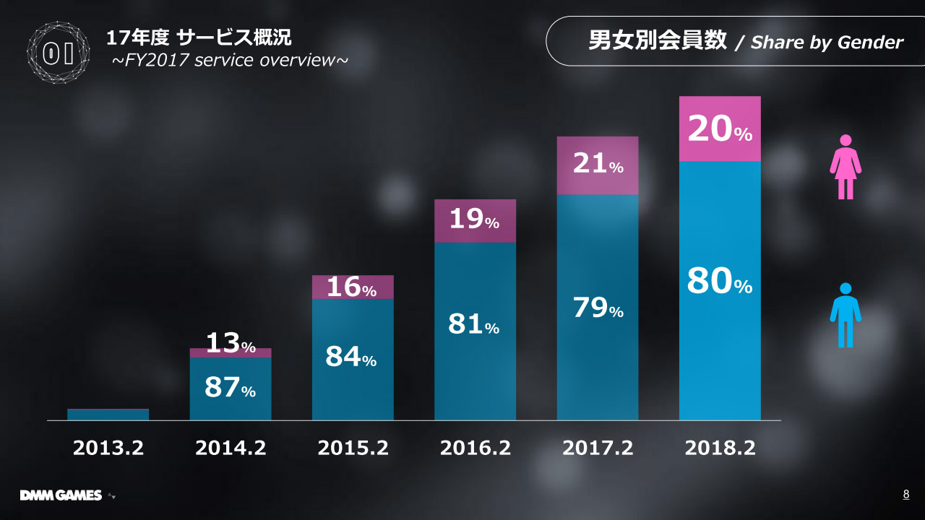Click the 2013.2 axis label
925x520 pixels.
coord(108,448)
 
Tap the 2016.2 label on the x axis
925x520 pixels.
coord(476,448)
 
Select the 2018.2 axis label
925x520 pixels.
coord(720,448)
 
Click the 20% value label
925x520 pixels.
coord(720,130)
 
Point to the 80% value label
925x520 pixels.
coord(720,282)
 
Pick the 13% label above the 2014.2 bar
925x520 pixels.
coord(231,344)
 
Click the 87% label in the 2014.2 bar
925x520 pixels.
coord(231,389)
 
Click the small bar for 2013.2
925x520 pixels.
coord(108,415)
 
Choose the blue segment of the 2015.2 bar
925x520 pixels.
coord(353,390)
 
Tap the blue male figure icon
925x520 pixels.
coord(845,313)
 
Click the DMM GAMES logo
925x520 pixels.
coord(61,495)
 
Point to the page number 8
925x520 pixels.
coord(906,495)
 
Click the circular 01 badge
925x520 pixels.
coord(59,53)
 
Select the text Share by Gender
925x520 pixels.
coord(827,43)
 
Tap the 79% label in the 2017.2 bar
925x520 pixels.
coord(598,308)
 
